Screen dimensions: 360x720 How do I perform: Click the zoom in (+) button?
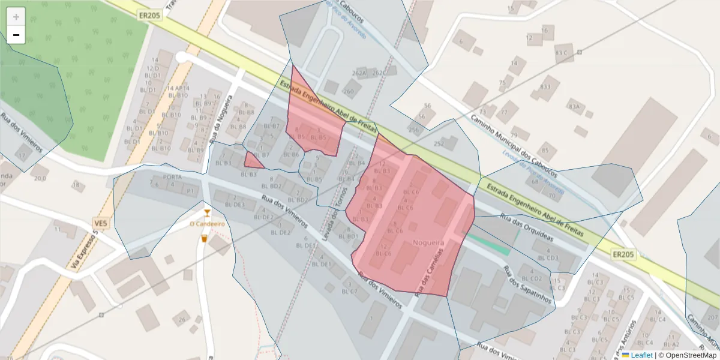(x=16, y=16)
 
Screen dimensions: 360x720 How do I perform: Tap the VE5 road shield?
(x=101, y=224)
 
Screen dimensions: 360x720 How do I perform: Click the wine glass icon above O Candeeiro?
(x=207, y=212)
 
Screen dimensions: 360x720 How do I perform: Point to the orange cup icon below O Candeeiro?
(x=204, y=238)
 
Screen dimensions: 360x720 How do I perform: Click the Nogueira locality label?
(x=428, y=242)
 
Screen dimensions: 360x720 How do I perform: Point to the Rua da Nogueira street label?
(x=220, y=120)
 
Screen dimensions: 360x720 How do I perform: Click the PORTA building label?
(x=172, y=177)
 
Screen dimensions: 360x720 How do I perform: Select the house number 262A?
(x=359, y=73)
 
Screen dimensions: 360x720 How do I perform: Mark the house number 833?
(x=545, y=86)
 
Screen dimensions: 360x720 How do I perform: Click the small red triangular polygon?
(x=253, y=161)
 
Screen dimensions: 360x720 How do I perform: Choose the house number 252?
(x=439, y=143)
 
